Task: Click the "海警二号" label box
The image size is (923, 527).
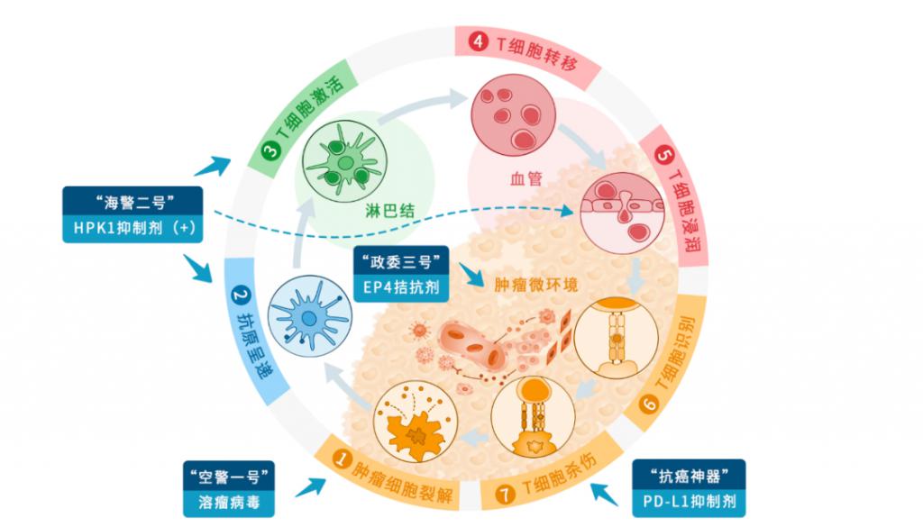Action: tap(133, 202)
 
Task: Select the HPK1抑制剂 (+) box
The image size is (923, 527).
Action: tap(133, 229)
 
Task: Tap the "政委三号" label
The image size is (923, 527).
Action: tap(401, 260)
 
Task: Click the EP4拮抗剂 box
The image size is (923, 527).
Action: tap(401, 287)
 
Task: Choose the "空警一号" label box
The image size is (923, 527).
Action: tap(229, 476)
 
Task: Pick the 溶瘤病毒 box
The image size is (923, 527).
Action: tap(229, 503)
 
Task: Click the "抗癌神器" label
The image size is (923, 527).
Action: tap(689, 475)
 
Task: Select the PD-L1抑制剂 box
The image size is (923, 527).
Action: tap(689, 503)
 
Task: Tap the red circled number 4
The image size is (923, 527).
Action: tap(478, 41)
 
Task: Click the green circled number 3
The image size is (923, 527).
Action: tap(270, 151)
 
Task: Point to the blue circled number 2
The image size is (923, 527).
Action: tap(240, 295)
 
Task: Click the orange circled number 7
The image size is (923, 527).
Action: tap(504, 494)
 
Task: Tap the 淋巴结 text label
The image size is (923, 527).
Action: tap(389, 211)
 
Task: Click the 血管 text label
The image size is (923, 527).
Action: tap(525, 178)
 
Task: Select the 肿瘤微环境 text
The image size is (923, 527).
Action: tap(535, 286)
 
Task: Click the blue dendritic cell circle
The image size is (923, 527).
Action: tap(310, 316)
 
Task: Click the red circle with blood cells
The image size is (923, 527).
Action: tap(514, 115)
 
